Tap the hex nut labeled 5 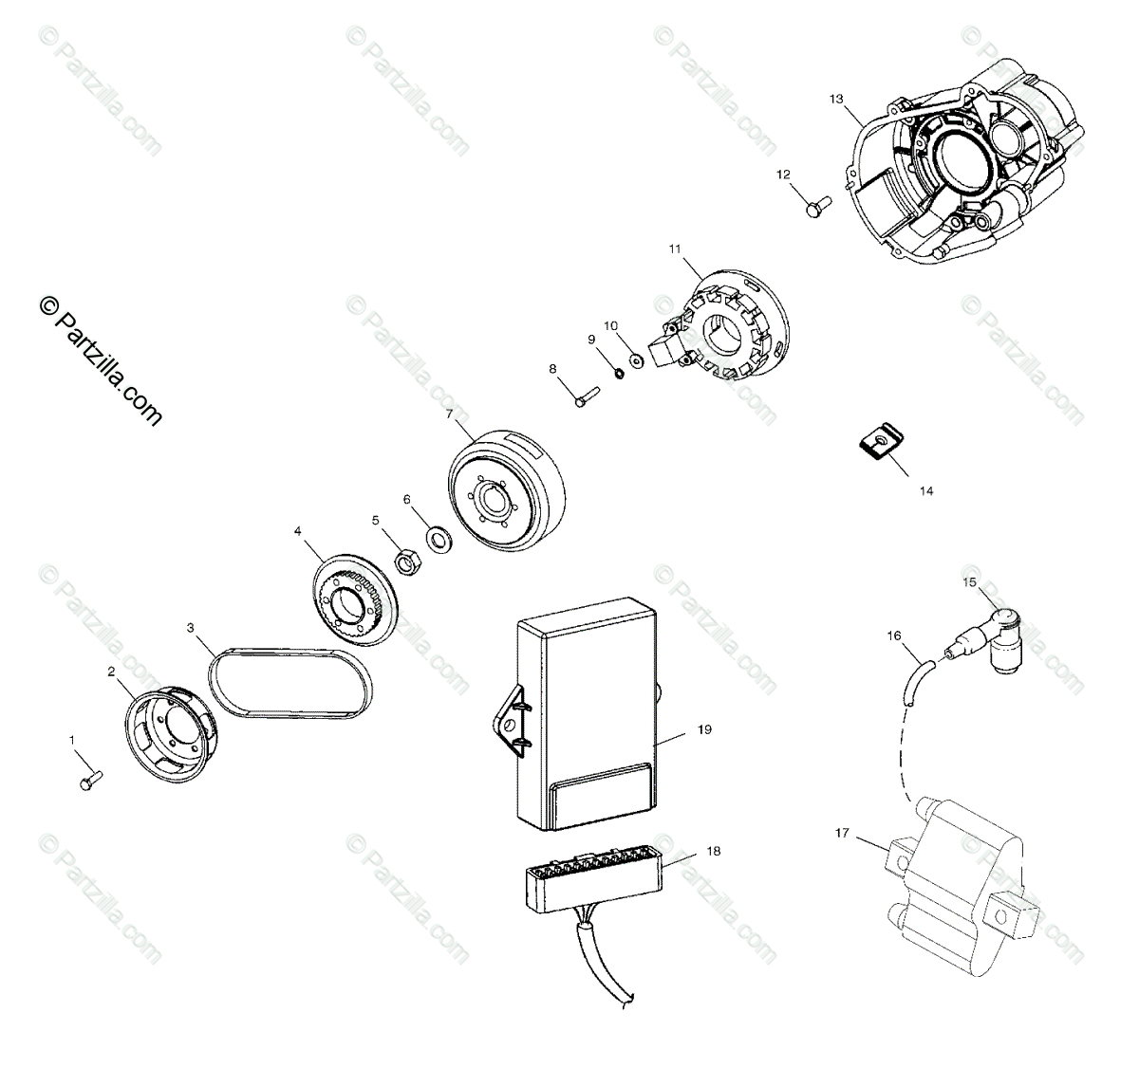(406, 563)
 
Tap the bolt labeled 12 (816, 204)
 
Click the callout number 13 (835, 99)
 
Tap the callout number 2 (111, 672)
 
